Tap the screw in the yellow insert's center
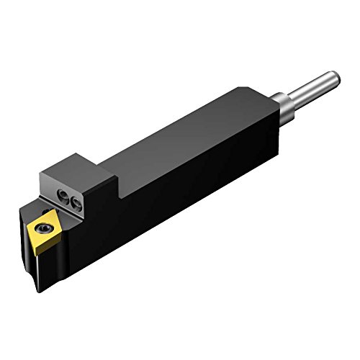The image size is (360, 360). pos(40,230)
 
